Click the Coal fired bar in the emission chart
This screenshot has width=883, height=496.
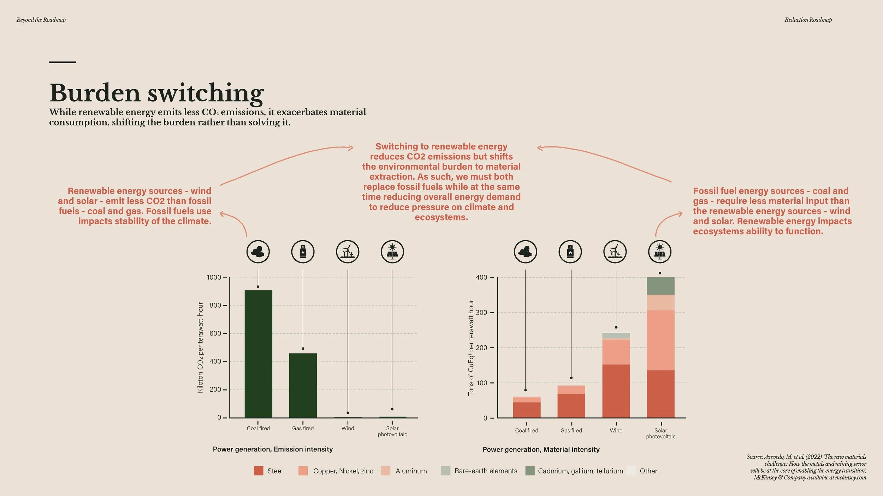coord(258,354)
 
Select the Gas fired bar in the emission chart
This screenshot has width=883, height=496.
coord(303,385)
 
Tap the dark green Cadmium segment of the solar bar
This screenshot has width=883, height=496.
coord(660,286)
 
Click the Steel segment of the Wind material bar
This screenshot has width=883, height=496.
coord(616,391)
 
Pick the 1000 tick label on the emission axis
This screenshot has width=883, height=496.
coord(214,277)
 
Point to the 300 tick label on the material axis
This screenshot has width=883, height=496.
coord(481,312)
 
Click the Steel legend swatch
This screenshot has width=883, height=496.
coord(259,471)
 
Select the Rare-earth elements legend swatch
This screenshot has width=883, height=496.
coord(446,471)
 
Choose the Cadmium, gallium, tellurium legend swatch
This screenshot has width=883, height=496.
coord(530,471)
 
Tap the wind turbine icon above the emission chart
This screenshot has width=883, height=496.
coord(348,252)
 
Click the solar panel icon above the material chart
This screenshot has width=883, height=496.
coord(660,252)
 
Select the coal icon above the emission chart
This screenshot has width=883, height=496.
coord(258,252)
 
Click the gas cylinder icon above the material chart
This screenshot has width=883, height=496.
coord(570,252)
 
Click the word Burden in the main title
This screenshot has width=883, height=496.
coord(95,93)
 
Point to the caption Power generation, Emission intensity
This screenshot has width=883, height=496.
coord(273,449)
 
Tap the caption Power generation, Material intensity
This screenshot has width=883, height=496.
coord(541,449)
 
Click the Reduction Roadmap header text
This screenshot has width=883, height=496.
coord(808,20)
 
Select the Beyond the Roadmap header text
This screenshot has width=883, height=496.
coord(41,20)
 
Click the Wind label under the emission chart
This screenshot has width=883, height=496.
coord(348,428)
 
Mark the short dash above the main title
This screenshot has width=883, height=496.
coord(63,62)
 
